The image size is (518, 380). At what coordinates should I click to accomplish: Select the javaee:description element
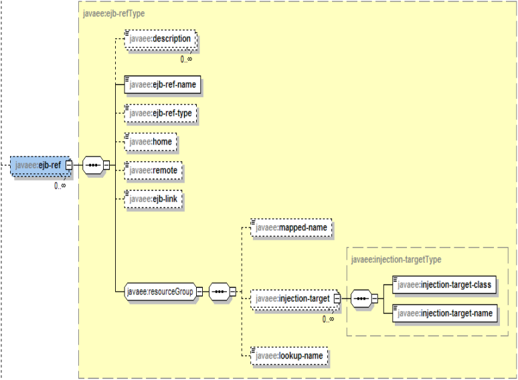click(160, 39)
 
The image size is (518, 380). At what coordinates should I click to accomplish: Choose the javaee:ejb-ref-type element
click(161, 113)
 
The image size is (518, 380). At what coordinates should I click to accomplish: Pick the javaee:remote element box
click(153, 171)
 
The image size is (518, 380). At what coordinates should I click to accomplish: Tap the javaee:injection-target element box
click(292, 298)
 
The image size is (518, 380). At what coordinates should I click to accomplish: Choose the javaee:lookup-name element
click(290, 357)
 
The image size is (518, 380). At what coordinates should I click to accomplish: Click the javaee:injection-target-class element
click(444, 285)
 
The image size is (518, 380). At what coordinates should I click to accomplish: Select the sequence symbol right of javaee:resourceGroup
click(220, 292)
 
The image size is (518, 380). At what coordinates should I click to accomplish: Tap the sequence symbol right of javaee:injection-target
click(361, 298)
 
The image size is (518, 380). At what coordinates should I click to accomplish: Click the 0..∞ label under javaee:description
click(187, 59)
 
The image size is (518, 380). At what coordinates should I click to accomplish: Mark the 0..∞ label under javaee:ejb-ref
click(60, 185)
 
